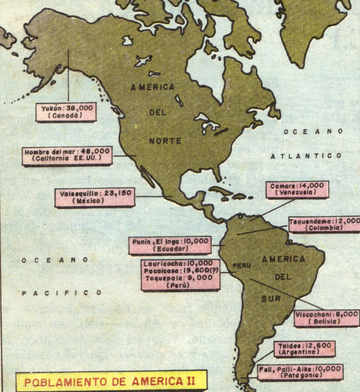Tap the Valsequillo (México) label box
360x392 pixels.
coord(95,197)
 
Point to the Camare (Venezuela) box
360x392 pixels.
coord(295,189)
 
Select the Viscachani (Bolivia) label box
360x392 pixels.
coord(326,318)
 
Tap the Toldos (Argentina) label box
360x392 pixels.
coord(305,349)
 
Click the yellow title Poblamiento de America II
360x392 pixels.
coord(109,381)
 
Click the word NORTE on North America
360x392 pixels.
coord(165,141)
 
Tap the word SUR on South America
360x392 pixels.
coord(271,298)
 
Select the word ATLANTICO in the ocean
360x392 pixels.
coord(306,156)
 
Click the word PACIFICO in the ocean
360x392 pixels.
coord(62,293)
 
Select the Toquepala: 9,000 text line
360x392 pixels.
coord(179,278)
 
